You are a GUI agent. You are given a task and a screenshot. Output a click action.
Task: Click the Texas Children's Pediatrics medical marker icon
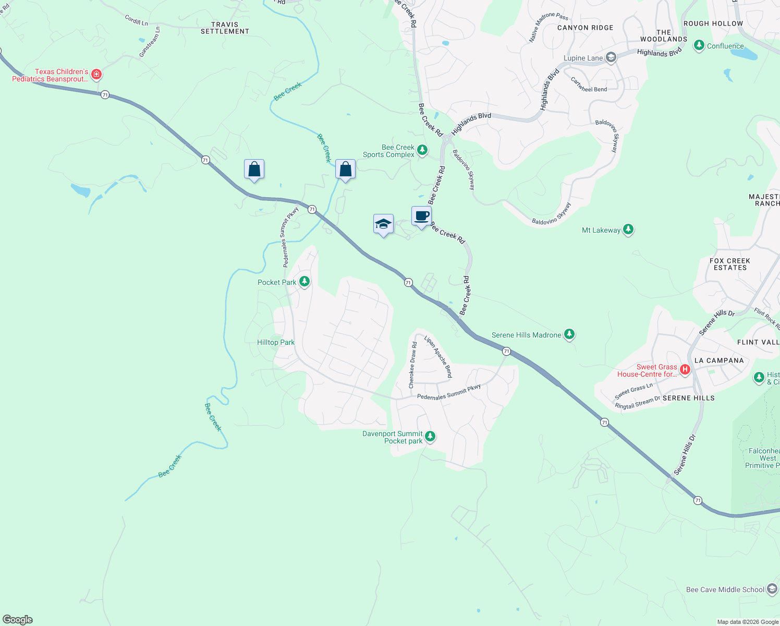coord(96,75)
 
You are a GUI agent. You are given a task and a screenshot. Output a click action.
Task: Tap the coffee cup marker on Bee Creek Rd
coord(421,216)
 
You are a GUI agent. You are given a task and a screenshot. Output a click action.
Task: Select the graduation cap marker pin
coord(383,224)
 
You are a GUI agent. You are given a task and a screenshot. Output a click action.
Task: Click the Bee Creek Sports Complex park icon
coord(422,151)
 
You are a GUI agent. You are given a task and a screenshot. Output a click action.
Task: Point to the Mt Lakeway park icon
coord(628,230)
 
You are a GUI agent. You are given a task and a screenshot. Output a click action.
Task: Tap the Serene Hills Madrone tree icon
coord(569,334)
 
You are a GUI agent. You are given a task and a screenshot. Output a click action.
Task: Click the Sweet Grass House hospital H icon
coord(685,370)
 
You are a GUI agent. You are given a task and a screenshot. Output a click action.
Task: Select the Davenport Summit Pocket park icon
coord(430,436)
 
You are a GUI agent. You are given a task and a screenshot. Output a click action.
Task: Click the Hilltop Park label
coord(276,342)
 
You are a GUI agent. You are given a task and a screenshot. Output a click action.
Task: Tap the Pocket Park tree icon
coord(304,282)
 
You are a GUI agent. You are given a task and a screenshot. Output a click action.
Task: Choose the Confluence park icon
coord(699,46)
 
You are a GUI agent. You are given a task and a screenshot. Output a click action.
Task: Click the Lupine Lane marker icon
coord(611,57)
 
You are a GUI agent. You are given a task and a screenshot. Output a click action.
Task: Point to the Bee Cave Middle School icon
coord(772,589)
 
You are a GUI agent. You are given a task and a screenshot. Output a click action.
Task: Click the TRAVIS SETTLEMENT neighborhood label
coord(225,28)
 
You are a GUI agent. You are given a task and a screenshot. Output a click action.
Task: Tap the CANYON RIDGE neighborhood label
coord(585,28)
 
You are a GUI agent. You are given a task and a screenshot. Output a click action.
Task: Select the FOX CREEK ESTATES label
coord(730,264)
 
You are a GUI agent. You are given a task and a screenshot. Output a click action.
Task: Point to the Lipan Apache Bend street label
coord(438,357)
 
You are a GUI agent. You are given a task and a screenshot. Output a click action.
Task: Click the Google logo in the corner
coord(18,620)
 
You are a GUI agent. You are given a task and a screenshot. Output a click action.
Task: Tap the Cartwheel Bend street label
coord(589,85)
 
